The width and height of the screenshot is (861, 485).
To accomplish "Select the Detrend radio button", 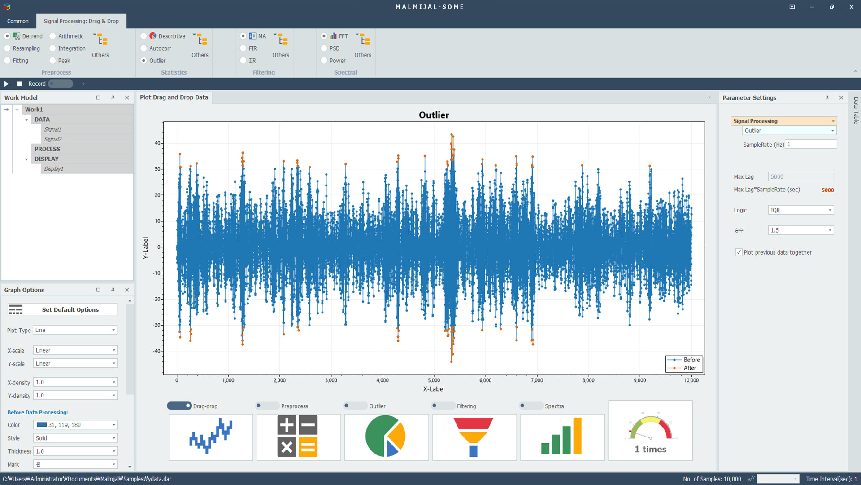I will click(7, 36).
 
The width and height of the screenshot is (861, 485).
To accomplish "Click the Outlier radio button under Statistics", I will click(143, 61).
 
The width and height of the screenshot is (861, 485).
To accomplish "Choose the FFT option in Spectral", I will click(324, 36).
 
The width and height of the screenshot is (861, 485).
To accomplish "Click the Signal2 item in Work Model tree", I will click(53, 139).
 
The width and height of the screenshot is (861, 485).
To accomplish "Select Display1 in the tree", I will click(54, 169).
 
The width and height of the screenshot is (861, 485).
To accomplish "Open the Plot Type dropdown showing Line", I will click(75, 330).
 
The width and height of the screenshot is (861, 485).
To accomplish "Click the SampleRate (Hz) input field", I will click(811, 145).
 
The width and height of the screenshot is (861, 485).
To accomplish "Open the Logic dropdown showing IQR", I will click(800, 210).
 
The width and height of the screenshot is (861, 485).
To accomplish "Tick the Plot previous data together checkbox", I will click(739, 252).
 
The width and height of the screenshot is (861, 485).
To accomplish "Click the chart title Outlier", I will click(434, 115).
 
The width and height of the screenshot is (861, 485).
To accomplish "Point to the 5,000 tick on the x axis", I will click(434, 380).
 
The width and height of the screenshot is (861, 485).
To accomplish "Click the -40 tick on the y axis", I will click(157, 351).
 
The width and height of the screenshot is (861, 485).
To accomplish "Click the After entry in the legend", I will click(690, 368).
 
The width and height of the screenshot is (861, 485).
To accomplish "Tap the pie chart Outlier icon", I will click(386, 436).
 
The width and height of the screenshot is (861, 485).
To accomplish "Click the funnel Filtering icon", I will click(474, 436).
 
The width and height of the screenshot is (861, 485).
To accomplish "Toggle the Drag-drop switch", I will click(179, 406).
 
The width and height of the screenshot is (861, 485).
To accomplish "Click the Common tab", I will click(18, 21).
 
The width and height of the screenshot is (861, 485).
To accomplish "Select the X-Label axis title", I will click(434, 389).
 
